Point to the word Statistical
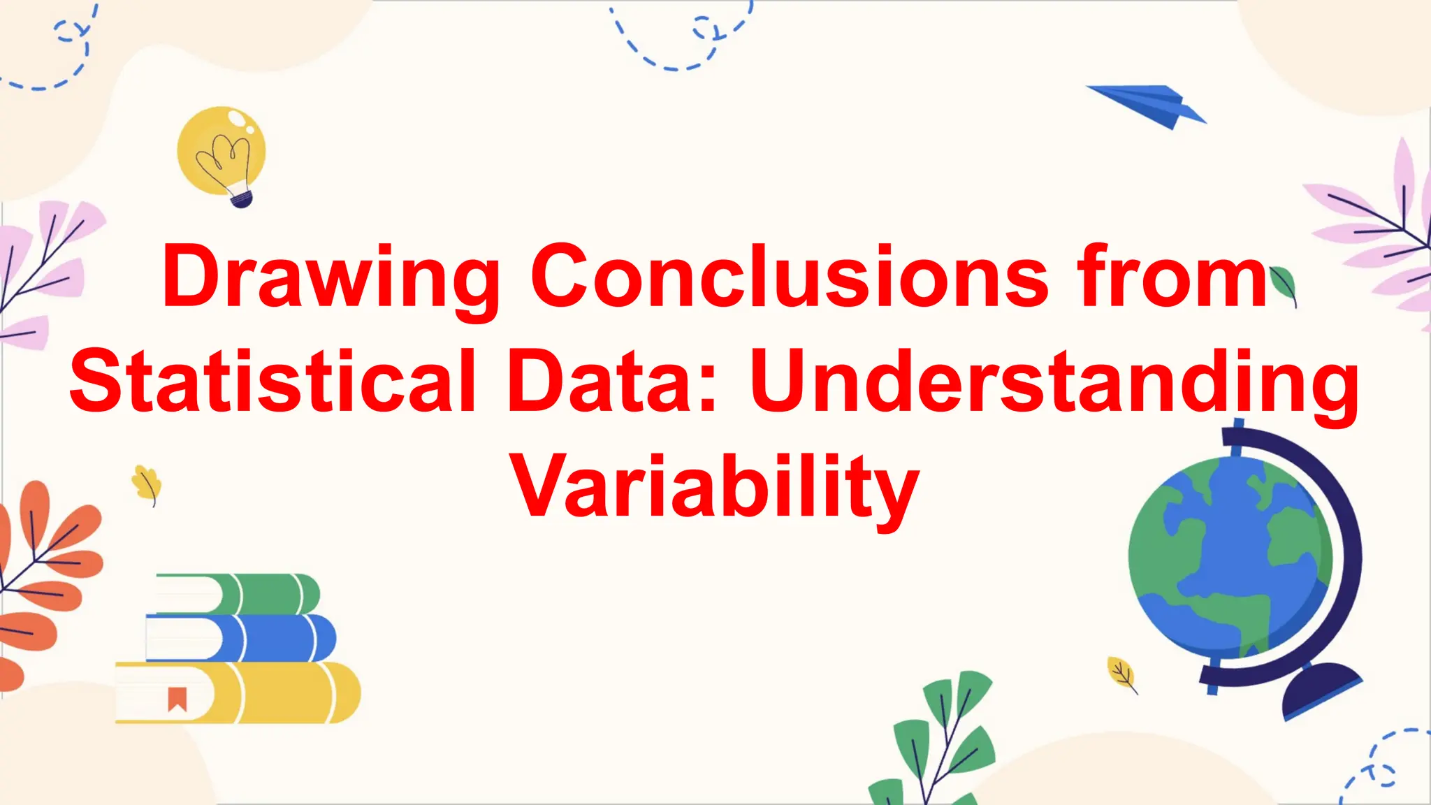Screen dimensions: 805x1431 (x=273, y=382)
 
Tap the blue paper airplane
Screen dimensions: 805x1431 (x=1149, y=106)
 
